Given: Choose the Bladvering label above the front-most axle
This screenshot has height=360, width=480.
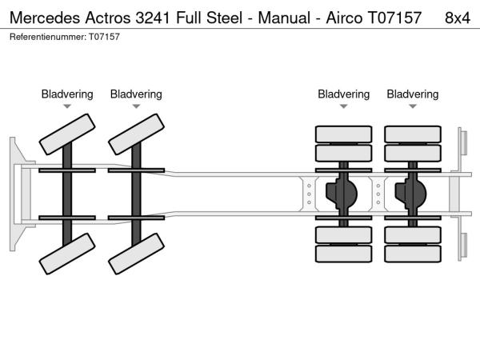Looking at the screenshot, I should pyautogui.click(x=67, y=94).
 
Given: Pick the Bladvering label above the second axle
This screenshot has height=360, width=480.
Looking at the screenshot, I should pyautogui.click(x=136, y=94).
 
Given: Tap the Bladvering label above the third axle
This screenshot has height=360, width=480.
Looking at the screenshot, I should pyautogui.click(x=343, y=94).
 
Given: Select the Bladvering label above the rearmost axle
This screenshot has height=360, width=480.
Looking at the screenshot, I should pyautogui.click(x=413, y=94).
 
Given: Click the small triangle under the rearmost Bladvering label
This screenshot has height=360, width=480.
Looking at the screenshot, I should pyautogui.click(x=413, y=106).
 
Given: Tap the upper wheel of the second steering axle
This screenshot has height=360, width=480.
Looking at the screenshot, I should pyautogui.click(x=136, y=134).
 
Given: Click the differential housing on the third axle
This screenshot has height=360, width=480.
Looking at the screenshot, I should pyautogui.click(x=345, y=193).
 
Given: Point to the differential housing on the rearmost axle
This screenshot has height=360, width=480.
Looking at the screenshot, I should pyautogui.click(x=414, y=193).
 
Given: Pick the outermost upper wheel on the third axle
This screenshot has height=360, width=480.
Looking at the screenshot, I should pyautogui.click(x=343, y=133).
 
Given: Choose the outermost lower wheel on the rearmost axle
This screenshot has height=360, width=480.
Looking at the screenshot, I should pyautogui.click(x=413, y=254).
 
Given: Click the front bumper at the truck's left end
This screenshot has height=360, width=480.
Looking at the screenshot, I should pyautogui.click(x=15, y=193).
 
